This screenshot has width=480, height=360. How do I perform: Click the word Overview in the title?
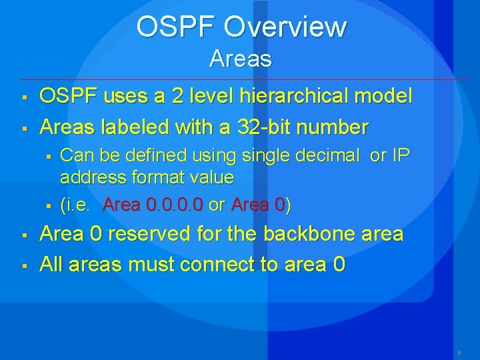pyautogui.click(x=285, y=27)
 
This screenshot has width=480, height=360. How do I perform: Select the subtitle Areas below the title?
pyautogui.click(x=240, y=59)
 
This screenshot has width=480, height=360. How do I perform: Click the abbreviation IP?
pyautogui.click(x=400, y=156)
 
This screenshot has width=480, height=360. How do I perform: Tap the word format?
pyautogui.click(x=158, y=177)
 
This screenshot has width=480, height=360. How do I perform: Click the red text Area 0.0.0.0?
pyautogui.click(x=153, y=205)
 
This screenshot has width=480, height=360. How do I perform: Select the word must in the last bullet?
pyautogui.click(x=153, y=265)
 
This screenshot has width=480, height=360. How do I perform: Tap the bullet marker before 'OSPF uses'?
pyautogui.click(x=23, y=98)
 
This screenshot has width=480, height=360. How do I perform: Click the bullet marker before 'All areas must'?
pyautogui.click(x=23, y=267)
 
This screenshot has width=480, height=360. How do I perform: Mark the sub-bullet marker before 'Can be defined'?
pyautogui.click(x=48, y=157)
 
